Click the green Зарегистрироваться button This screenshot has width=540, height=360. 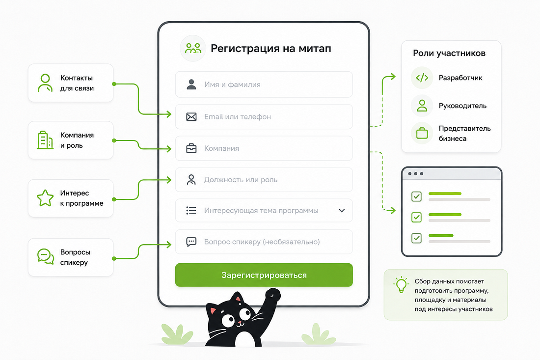(x=264, y=275)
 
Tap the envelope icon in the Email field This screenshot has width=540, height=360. (x=191, y=117)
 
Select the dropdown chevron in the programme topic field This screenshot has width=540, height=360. (x=342, y=211)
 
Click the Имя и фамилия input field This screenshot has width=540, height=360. (x=264, y=84)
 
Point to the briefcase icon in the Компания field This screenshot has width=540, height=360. (x=191, y=148)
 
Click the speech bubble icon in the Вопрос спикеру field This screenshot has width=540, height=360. (x=191, y=242)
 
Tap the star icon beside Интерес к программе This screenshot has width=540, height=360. (x=45, y=198)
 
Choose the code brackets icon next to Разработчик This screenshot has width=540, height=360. (x=422, y=78)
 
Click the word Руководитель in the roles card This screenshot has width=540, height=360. (x=462, y=106)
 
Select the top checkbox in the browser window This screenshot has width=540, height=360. (x=417, y=196)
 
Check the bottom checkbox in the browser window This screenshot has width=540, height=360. (x=417, y=238)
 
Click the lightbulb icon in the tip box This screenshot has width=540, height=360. (x=401, y=285)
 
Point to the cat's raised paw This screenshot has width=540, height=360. (x=273, y=295)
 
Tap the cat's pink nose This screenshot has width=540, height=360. (x=239, y=323)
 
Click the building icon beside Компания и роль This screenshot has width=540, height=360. (x=45, y=140)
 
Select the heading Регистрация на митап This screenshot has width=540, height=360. (x=271, y=49)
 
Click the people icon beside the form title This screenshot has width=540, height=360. (x=193, y=48)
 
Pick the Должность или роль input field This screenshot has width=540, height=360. (x=264, y=180)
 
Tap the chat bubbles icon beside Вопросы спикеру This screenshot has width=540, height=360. (x=46, y=257)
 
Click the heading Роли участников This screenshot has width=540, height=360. (x=449, y=53)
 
